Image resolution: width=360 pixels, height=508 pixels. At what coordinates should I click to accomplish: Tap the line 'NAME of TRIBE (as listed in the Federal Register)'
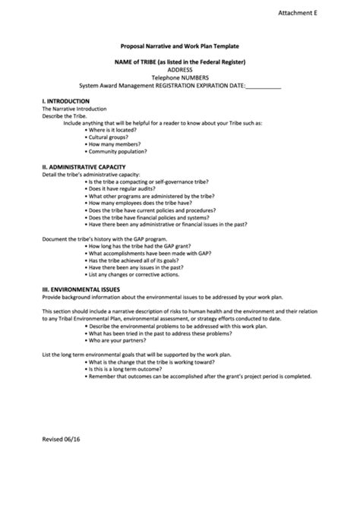(x=180, y=62)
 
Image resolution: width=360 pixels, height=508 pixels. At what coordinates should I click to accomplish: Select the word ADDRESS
(x=179, y=70)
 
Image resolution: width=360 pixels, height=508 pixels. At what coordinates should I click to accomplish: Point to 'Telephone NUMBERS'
(x=179, y=78)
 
